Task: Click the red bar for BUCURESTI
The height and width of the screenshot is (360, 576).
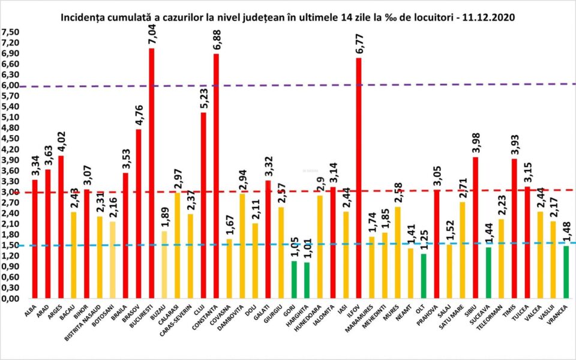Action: (151, 174)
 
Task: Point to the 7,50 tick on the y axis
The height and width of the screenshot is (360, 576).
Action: (10, 32)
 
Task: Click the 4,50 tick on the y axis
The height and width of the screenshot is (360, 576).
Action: (10, 139)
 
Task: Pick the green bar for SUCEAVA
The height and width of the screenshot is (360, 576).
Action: (488, 272)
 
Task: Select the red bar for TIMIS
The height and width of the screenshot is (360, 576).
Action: (514, 229)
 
